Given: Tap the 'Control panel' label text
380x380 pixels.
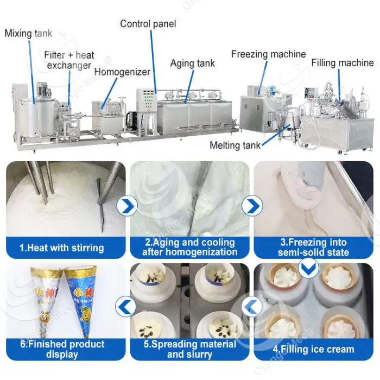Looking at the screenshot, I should pyautogui.click(x=148, y=24).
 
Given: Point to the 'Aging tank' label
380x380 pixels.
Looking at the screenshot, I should pyautogui.click(x=192, y=63).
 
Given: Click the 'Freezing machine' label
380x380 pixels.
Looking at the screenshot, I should pyautogui.click(x=268, y=54).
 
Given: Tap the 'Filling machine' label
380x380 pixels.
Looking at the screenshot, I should pyautogui.click(x=342, y=63).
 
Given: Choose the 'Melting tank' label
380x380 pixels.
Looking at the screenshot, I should pyautogui.click(x=235, y=145).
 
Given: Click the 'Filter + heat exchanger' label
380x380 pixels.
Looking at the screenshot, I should pyautogui.click(x=69, y=60).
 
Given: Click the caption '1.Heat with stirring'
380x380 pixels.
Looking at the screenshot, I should pyautogui.click(x=61, y=248).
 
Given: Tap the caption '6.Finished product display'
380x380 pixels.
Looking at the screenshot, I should pyautogui.click(x=62, y=349).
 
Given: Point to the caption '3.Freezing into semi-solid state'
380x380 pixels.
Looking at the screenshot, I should pyautogui.click(x=314, y=247).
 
